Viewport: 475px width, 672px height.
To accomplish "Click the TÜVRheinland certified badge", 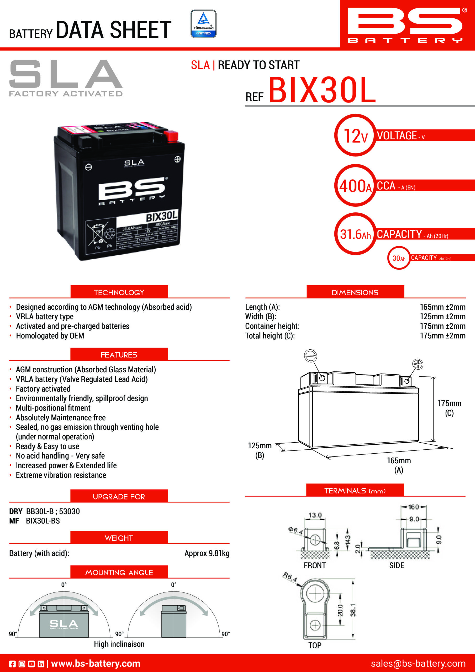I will click(203, 24).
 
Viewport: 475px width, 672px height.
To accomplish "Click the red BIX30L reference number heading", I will click(322, 90).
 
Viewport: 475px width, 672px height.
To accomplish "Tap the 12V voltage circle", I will click(355, 135).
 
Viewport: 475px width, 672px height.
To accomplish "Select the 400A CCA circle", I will click(355, 186).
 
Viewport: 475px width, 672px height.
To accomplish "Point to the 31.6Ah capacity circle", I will click(355, 234).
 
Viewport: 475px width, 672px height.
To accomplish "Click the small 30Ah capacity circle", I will click(399, 258).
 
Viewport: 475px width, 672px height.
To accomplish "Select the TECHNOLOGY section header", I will click(119, 292).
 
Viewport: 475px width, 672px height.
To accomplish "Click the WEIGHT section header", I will click(119, 538).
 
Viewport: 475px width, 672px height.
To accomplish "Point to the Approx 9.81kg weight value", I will click(207, 553).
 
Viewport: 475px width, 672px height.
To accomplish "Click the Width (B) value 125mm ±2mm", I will click(442, 316).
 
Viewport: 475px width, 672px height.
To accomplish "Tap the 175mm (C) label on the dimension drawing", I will click(449, 408).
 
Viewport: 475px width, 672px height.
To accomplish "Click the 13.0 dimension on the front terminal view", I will click(315, 515).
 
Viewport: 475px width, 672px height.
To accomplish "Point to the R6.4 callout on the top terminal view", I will click(290, 577).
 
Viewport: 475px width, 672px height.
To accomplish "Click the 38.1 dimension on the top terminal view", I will click(353, 610).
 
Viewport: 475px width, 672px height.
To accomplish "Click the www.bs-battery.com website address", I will click(96, 664).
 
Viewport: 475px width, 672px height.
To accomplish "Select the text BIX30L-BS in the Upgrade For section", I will click(43, 521).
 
